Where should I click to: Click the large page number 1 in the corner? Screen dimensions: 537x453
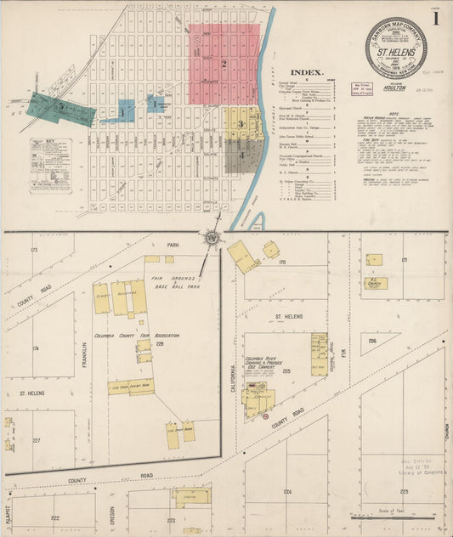point(435,18)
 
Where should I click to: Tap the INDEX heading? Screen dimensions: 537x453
point(308,72)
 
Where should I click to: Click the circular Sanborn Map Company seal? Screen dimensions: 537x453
point(395,48)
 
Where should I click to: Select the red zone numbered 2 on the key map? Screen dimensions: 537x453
point(223,64)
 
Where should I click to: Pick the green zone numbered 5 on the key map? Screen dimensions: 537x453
point(60,108)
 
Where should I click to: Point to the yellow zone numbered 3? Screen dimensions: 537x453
point(241,124)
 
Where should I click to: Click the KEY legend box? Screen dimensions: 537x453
point(50,165)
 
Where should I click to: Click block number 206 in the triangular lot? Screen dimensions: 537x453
point(372,340)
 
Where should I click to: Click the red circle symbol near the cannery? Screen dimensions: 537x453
point(266,417)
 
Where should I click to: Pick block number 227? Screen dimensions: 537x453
point(36,440)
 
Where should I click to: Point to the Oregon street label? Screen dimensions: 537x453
point(111,514)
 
